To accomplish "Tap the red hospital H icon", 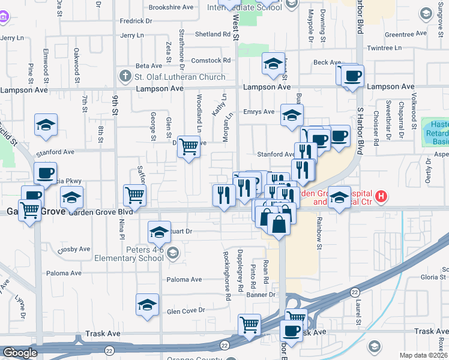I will (380, 196).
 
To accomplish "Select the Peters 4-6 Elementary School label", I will (129, 253).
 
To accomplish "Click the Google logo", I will (20, 353).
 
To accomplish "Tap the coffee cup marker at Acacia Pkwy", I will (45, 173).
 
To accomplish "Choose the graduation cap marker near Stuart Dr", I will (158, 232).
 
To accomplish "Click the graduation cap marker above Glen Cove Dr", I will (147, 305).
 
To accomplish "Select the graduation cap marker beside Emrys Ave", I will (292, 115).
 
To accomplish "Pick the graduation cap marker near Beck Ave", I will (273, 64).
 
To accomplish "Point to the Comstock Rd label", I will (211, 61).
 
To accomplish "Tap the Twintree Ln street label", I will (384, 48).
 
